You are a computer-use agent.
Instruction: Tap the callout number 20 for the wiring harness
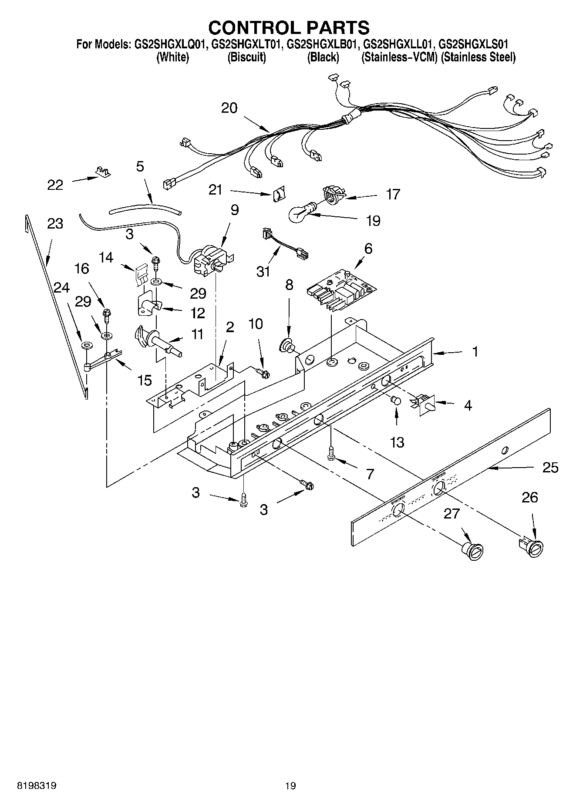(229, 108)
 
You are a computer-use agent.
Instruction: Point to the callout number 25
(550, 468)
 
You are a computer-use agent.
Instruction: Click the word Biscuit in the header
(246, 57)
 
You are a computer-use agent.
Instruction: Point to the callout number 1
(475, 351)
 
